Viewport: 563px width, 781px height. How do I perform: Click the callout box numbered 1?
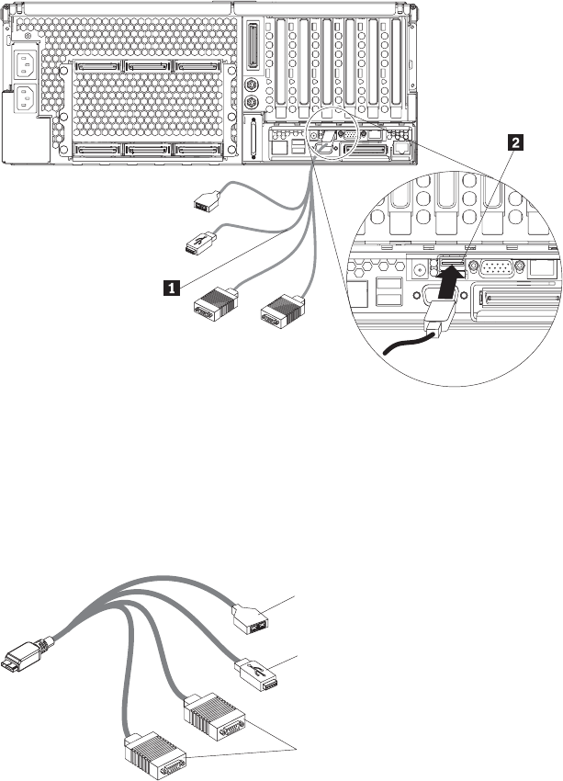[172, 288]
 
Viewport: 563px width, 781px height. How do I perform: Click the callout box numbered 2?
[514, 143]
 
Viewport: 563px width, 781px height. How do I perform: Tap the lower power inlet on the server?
[25, 98]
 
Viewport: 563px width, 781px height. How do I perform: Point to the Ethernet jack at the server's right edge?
[400, 148]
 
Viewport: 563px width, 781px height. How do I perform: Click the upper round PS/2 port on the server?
[252, 85]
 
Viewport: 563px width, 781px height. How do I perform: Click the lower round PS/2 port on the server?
[252, 103]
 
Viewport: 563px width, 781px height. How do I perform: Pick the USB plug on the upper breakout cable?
[200, 243]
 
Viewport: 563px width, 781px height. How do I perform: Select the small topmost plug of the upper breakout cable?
[206, 201]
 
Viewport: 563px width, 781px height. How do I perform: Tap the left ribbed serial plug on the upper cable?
[215, 304]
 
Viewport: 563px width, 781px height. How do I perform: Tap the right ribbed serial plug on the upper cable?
[282, 311]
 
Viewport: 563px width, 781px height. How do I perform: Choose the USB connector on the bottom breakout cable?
[256, 674]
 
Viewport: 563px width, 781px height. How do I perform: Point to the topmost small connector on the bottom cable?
[251, 619]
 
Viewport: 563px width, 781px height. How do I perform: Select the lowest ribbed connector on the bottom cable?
[155, 755]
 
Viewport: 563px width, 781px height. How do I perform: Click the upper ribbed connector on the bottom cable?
[215, 717]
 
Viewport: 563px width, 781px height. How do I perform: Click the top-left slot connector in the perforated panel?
[97, 66]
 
